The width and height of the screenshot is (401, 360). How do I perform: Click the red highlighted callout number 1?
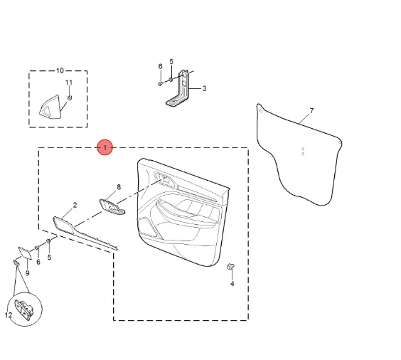(x=105, y=147)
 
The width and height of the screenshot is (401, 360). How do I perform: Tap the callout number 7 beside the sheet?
(x=311, y=111)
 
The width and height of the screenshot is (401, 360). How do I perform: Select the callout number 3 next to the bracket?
(x=204, y=88)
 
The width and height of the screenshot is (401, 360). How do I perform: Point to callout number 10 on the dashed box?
(x=60, y=70)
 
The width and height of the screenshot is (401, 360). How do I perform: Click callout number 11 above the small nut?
(x=69, y=83)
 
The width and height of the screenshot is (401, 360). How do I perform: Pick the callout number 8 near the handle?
(x=119, y=187)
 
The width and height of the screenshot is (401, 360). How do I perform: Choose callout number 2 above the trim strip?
(x=75, y=205)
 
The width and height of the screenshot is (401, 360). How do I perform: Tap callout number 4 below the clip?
(x=232, y=284)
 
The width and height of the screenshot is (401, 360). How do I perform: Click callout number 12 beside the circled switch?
(x=9, y=314)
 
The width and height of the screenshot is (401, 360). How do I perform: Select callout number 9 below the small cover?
(x=27, y=273)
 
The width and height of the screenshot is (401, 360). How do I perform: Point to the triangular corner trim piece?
(x=50, y=107)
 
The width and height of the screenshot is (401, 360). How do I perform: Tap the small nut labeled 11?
(x=70, y=97)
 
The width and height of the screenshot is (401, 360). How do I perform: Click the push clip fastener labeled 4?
(x=231, y=266)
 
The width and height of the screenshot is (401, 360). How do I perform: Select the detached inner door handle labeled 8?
(x=112, y=206)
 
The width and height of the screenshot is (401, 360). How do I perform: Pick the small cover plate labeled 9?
(x=25, y=253)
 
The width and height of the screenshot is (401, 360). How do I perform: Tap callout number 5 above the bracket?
(x=171, y=62)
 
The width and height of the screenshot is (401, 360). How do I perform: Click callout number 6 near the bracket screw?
(x=161, y=66)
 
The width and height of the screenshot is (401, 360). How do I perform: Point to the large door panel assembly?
(x=183, y=212)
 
